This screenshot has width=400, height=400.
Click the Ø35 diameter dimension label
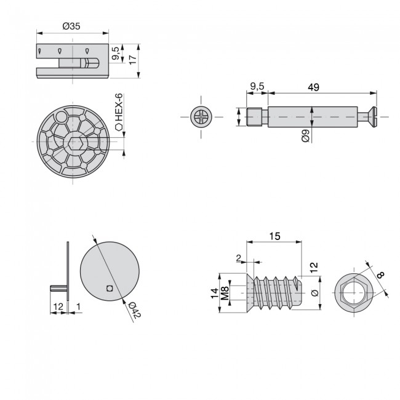point(72,26)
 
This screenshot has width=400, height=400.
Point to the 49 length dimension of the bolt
point(313,87)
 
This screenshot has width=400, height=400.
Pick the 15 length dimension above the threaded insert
point(274,236)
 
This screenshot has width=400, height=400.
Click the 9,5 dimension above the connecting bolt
point(257,87)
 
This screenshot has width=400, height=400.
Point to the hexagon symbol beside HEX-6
point(119,128)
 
